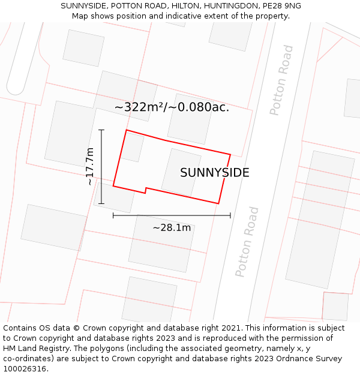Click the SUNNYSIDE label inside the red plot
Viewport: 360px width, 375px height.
[214, 173]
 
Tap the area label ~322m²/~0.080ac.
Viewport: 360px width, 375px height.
[172, 107]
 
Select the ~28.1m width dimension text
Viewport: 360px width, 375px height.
[172, 227]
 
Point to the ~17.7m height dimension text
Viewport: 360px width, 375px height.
[90, 166]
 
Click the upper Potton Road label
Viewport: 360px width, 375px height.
[281, 80]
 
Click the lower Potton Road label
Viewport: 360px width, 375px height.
[247, 241]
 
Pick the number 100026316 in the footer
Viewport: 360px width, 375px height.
[25, 369]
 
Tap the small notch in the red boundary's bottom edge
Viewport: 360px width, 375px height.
[146, 190]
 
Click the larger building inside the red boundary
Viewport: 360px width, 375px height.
[181, 172]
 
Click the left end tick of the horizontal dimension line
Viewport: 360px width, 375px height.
[113, 215]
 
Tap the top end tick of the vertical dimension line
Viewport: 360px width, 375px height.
[101, 130]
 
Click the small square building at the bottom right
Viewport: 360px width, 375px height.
[335, 306]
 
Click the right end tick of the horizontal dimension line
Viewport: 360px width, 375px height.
[230, 215]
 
